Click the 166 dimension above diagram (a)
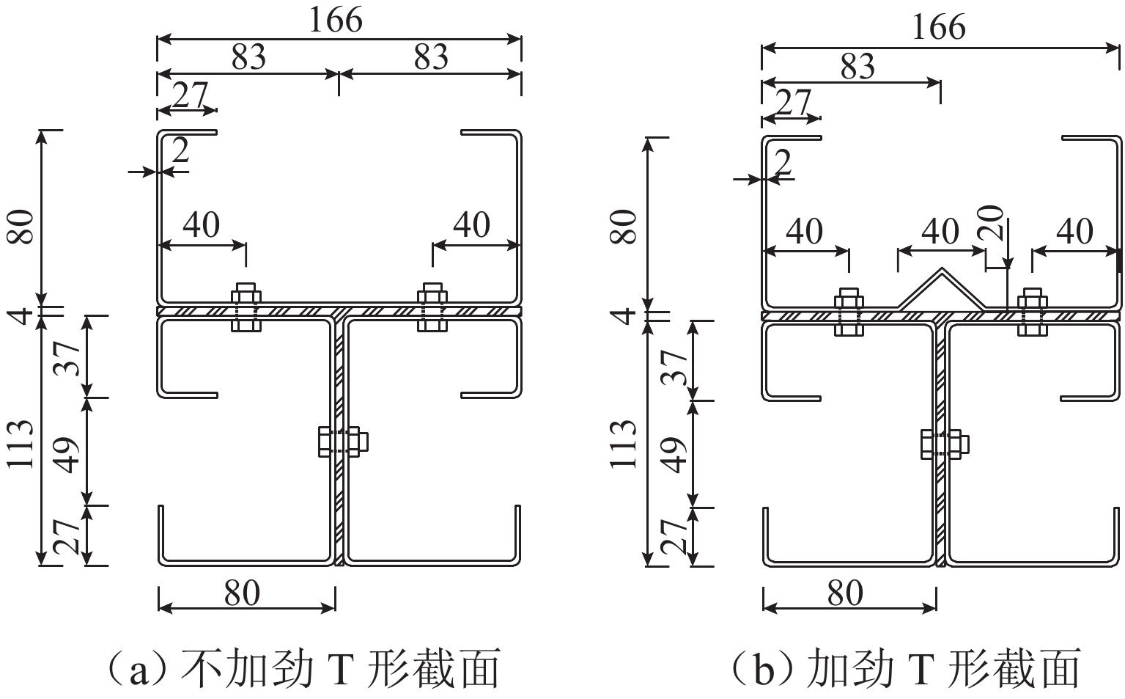tap(336, 20)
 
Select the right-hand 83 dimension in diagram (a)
tap(430, 56)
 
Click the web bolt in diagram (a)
tap(342, 442)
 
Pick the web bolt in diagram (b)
tap(944, 444)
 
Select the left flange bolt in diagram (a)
tap(246, 307)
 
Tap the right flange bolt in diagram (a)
tap(432, 307)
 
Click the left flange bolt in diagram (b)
tap(849, 312)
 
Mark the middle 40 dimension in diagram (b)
tap(940, 232)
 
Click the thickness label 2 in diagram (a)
tap(180, 151)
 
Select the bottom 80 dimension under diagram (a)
tap(242, 593)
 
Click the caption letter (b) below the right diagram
tap(763, 670)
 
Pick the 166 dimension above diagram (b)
tap(939, 28)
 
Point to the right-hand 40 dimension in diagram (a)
tap(471, 225)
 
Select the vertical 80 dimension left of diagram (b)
tap(624, 227)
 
